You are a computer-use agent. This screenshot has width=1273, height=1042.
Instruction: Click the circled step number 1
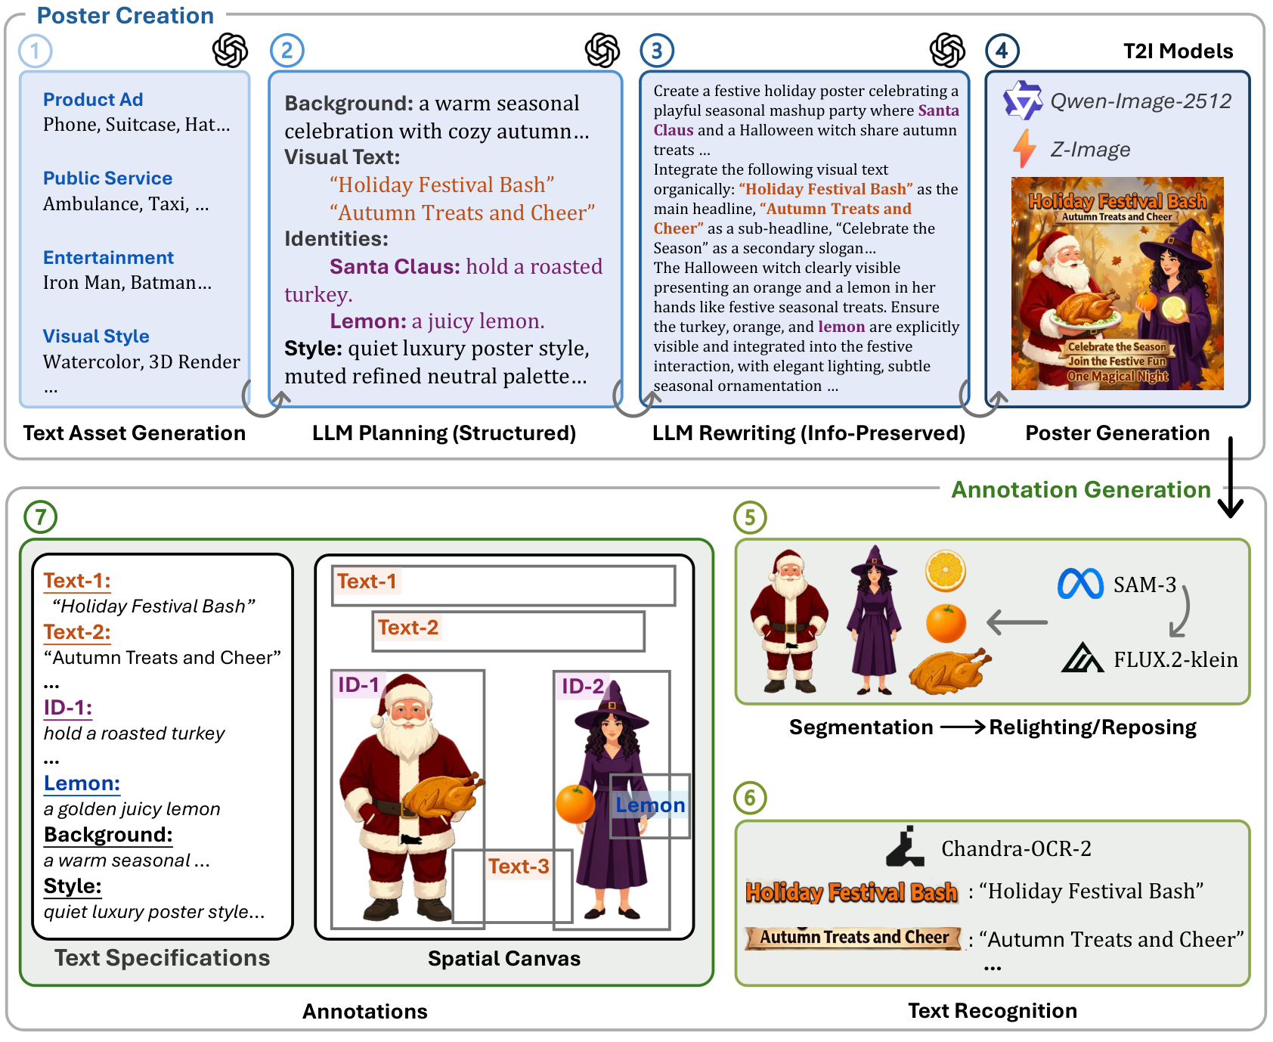point(36,51)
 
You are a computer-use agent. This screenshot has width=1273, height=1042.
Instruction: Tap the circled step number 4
point(1002,51)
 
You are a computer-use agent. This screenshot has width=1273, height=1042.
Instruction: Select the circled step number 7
point(41,517)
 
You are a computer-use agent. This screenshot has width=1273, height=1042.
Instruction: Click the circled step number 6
point(750,797)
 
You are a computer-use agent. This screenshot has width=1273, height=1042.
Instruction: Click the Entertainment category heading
point(108,258)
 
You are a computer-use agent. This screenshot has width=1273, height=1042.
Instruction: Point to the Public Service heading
point(107,178)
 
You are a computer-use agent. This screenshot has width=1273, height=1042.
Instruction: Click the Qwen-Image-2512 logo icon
point(1023,100)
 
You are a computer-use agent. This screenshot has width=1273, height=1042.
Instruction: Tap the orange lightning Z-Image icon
point(1024,148)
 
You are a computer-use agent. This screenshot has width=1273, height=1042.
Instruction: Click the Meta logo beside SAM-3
point(1080,584)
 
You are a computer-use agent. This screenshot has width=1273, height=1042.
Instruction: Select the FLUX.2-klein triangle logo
point(1083,657)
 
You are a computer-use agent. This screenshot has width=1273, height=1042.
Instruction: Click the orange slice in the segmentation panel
point(946,571)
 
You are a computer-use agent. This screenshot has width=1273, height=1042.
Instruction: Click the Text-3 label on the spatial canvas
point(519,867)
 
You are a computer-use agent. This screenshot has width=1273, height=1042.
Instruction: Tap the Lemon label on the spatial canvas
point(650,805)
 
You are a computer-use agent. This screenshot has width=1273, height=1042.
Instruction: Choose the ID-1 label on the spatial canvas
point(358,685)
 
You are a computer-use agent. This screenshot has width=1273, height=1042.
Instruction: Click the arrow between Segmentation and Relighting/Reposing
point(962,727)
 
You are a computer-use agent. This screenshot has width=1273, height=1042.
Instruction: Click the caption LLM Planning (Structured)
point(444,433)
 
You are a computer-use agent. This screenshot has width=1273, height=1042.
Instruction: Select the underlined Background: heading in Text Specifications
point(108,835)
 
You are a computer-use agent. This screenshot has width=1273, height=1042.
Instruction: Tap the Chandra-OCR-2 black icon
point(905,846)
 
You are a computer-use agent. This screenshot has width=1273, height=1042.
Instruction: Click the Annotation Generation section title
point(1081,490)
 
